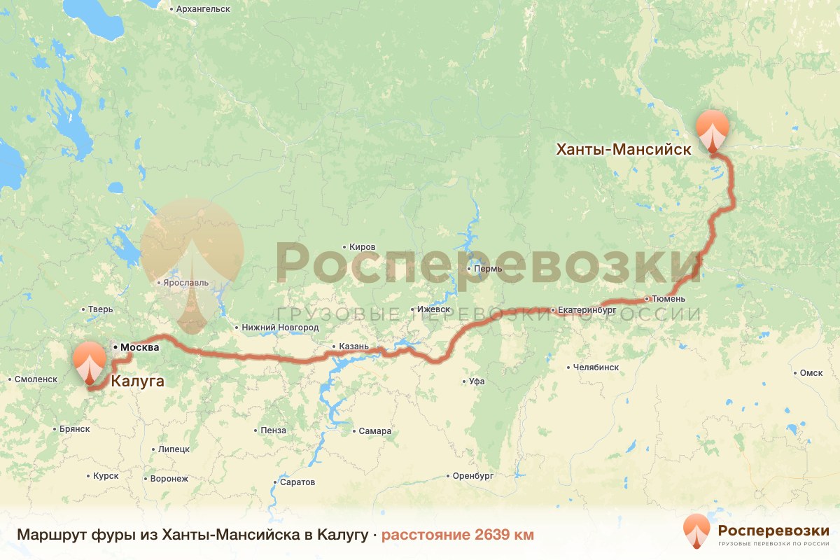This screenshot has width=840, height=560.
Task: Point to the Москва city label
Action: (140, 347)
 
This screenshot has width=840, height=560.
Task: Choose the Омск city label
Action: (811, 373)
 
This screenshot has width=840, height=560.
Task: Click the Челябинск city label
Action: (595, 367)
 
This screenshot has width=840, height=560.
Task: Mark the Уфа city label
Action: (477, 381)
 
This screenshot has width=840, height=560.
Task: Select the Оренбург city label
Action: (473, 476)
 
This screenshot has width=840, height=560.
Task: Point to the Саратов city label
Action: (297, 482)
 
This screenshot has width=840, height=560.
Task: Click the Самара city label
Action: (374, 431)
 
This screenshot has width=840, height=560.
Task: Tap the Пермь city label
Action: (487, 269)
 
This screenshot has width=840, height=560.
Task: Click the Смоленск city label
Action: (35, 379)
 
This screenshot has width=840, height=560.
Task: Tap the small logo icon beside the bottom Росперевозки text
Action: (696, 531)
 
